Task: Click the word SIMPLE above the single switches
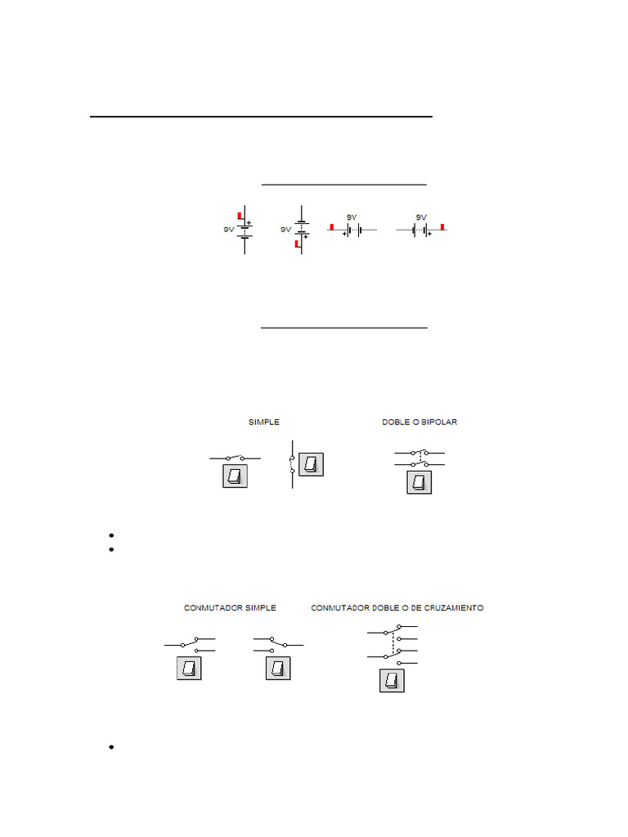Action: pyautogui.click(x=264, y=423)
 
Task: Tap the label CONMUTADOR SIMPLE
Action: pyautogui.click(x=230, y=608)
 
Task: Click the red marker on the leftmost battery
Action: pyautogui.click(x=240, y=217)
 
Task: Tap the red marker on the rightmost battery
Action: pyautogui.click(x=443, y=226)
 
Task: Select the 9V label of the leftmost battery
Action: pyautogui.click(x=229, y=231)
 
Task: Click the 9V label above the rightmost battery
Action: pyautogui.click(x=421, y=217)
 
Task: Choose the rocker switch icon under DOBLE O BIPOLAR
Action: pyautogui.click(x=419, y=482)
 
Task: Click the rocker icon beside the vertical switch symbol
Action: pyautogui.click(x=312, y=465)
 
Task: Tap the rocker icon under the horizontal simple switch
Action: pyautogui.click(x=235, y=477)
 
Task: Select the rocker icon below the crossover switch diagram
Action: pyautogui.click(x=392, y=680)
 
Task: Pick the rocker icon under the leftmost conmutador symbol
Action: pyautogui.click(x=189, y=669)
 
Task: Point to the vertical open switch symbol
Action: pyautogui.click(x=292, y=464)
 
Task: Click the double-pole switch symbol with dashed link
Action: pyautogui.click(x=419, y=458)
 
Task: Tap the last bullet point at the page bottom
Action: pyautogui.click(x=110, y=748)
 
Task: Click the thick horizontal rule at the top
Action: pyautogui.click(x=260, y=117)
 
